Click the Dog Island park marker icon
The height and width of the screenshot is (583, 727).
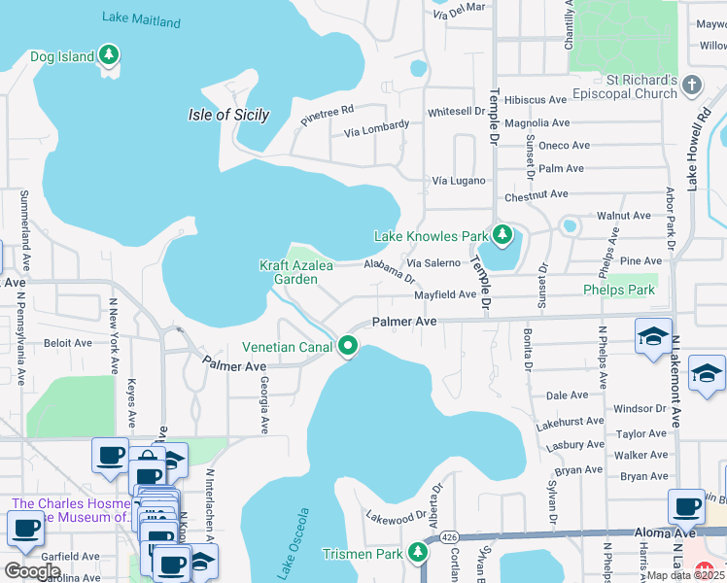(110, 54)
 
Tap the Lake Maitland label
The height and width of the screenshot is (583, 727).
(142, 20)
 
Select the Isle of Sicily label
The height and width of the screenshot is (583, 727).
(228, 115)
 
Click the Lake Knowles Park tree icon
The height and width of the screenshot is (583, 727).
(502, 234)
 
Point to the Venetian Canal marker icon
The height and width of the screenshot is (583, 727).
(347, 345)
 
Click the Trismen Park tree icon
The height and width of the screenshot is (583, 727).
(418, 552)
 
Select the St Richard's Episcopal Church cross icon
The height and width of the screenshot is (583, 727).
(691, 85)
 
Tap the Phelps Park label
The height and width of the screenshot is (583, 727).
(619, 290)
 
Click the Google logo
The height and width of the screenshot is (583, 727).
(31, 571)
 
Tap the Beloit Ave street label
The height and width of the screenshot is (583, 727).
(68, 343)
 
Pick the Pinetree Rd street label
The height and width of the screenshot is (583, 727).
(327, 117)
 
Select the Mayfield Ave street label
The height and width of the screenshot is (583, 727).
(445, 294)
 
